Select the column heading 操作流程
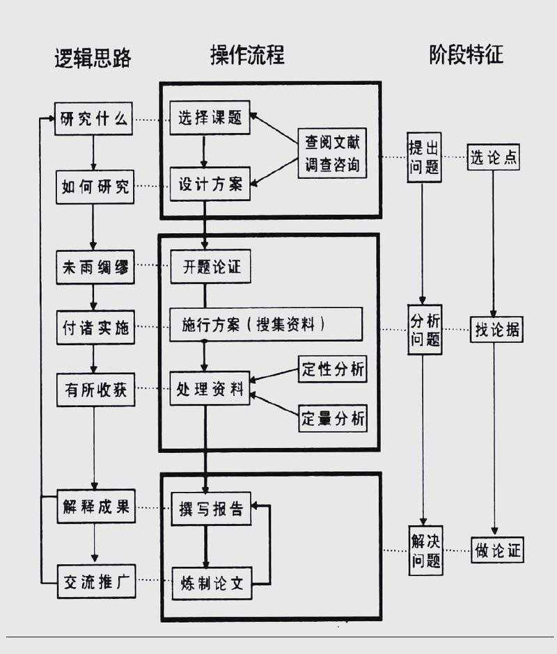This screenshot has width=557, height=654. click(247, 55)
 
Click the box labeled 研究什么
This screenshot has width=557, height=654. click(94, 119)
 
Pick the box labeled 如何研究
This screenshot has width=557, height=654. click(95, 187)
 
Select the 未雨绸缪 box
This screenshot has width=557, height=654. click(95, 267)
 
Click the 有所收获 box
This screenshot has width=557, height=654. click(95, 390)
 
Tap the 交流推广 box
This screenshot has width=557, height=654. click(95, 580)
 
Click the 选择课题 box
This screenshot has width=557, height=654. click(210, 118)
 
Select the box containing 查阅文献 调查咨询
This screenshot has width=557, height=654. click(331, 154)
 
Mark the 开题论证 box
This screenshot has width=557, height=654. click(210, 267)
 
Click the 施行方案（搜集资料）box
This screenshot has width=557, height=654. click(266, 325)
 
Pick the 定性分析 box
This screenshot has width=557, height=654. click(332, 369)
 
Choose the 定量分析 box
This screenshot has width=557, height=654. click(332, 419)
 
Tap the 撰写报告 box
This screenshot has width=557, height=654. click(210, 510)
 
